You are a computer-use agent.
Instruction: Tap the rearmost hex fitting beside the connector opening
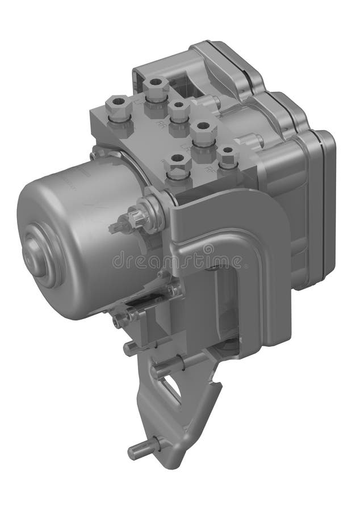pyautogui.click(x=156, y=89)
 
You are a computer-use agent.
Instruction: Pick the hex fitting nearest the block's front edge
pyautogui.click(x=178, y=169)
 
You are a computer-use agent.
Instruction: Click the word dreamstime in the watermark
pyautogui.click(x=176, y=262)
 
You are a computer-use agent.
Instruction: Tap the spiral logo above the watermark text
pyautogui.click(x=208, y=249)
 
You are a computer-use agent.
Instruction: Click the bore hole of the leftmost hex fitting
pyautogui.click(x=119, y=103)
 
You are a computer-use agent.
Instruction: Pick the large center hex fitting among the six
pyautogui.click(x=203, y=134)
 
